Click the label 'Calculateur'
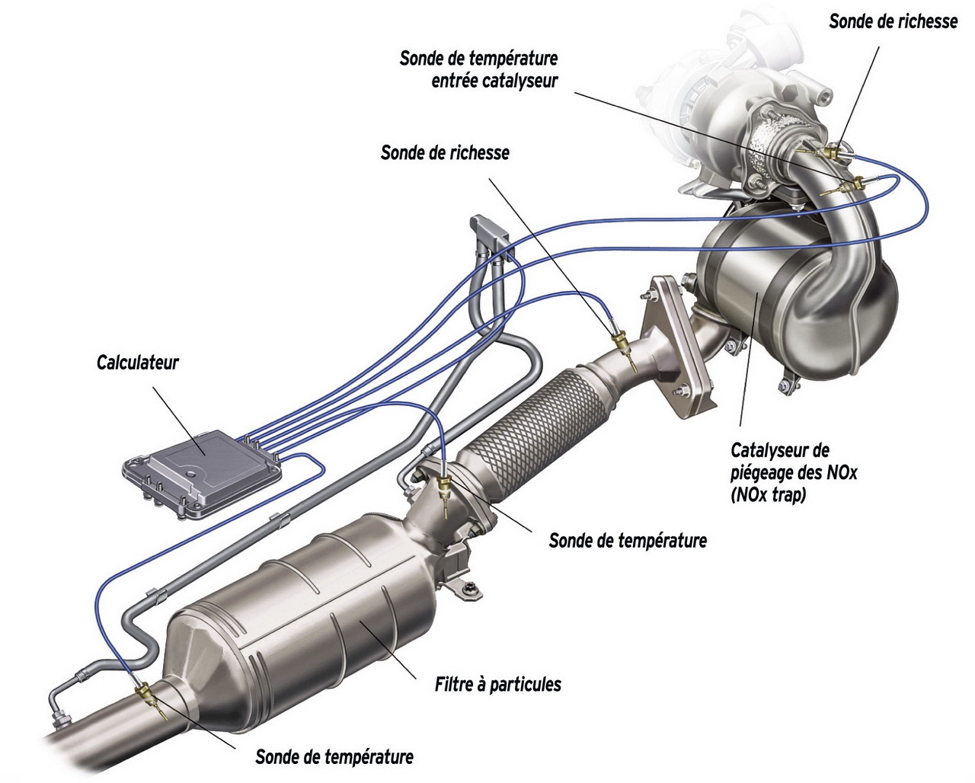[x=137, y=362]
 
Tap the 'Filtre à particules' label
[x=497, y=684]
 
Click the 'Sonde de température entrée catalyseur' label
[x=478, y=69]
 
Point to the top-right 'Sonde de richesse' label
[x=893, y=21]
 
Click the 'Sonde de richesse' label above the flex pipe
[x=445, y=153]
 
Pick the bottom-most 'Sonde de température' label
[x=334, y=757]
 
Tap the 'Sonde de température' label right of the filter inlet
[x=627, y=541]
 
